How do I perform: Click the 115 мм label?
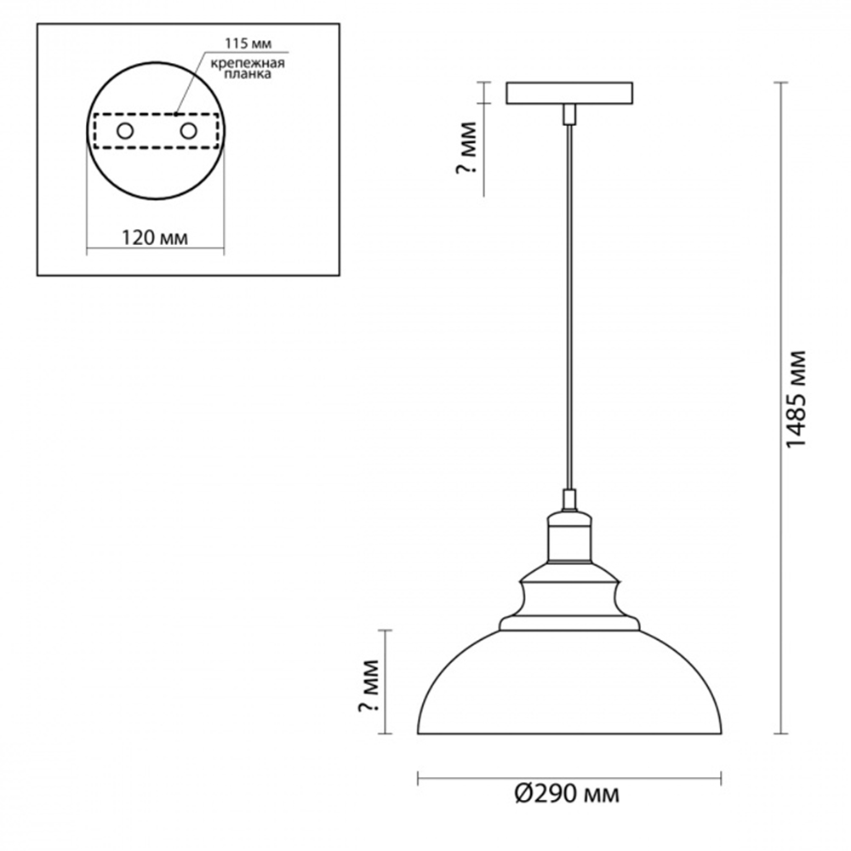click(x=248, y=43)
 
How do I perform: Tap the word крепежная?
click(x=248, y=64)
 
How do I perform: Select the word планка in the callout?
click(x=248, y=74)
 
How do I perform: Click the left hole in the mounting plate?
click(x=125, y=131)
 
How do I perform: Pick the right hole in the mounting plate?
click(x=188, y=131)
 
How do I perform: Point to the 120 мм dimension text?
click(x=155, y=237)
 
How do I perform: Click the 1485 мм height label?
click(x=797, y=398)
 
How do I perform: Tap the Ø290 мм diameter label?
click(x=567, y=795)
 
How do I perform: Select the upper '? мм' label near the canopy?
click(x=466, y=147)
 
